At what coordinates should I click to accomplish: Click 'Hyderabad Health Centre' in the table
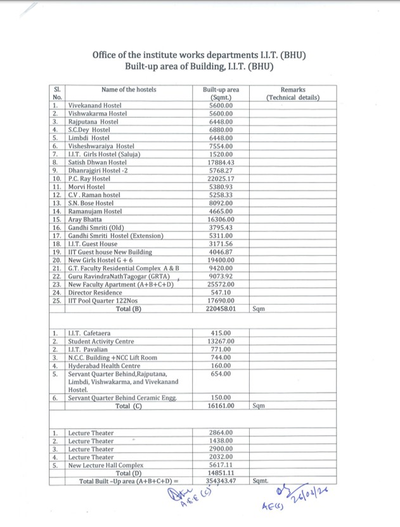[x=103, y=366]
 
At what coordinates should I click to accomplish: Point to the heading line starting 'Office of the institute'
[x=199, y=55]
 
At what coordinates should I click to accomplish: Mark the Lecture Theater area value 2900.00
[x=220, y=448]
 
